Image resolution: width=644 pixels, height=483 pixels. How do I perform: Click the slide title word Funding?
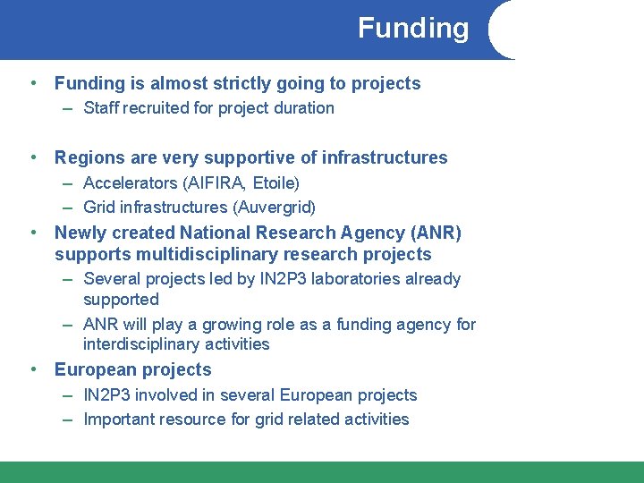pyautogui.click(x=413, y=29)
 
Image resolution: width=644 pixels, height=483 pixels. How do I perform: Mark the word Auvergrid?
pyautogui.click(x=275, y=208)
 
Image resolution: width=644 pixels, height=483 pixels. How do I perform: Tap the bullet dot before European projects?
pyautogui.click(x=32, y=369)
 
